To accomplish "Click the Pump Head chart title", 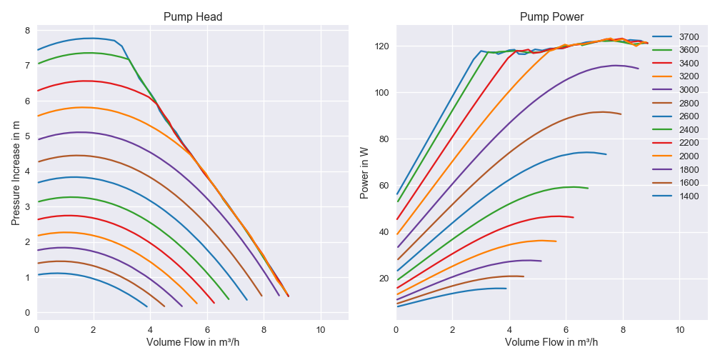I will click(x=193, y=17).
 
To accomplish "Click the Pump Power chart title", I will click(x=551, y=17).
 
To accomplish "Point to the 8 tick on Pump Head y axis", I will click(x=27, y=31).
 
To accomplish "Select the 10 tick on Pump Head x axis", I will click(x=320, y=329).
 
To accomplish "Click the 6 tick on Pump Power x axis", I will click(x=566, y=329).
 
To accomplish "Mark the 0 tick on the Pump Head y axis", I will click(x=27, y=313).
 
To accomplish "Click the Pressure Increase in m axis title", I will click(x=16, y=171).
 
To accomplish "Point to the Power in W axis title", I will click(x=364, y=171).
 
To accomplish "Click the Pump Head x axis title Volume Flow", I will click(x=193, y=342).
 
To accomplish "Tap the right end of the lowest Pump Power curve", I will click(x=506, y=289).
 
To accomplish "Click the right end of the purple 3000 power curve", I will click(x=639, y=69).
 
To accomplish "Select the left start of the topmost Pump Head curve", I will click(x=37, y=50).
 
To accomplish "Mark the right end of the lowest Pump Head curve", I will click(x=147, y=306).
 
